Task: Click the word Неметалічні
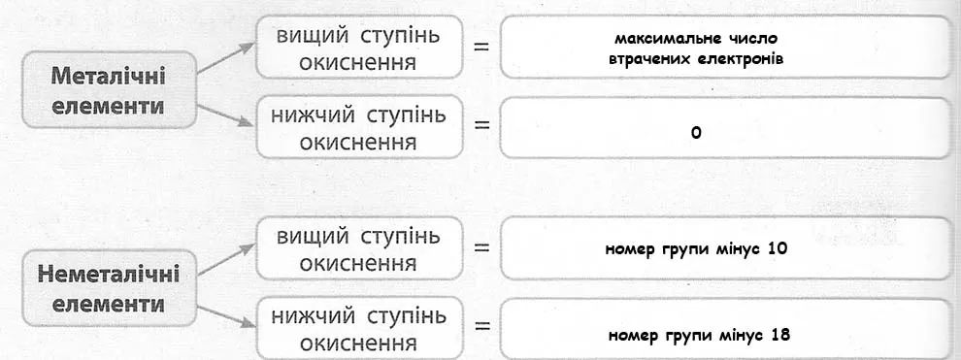pos(108,275)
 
